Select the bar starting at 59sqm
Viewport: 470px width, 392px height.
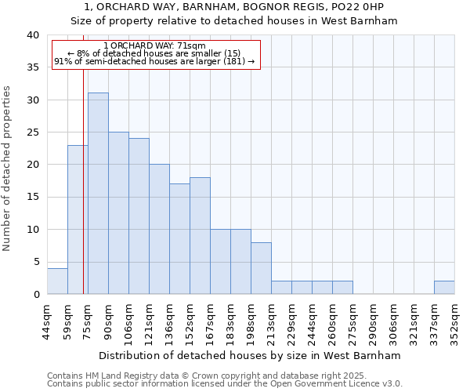click(x=78, y=220)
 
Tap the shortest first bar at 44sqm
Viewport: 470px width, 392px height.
click(x=57, y=281)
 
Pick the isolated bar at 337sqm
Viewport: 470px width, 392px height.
click(x=444, y=287)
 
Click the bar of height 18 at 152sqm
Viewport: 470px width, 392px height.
click(x=200, y=235)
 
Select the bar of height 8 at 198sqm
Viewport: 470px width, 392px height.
click(x=261, y=268)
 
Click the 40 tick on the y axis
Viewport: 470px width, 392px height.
click(x=32, y=35)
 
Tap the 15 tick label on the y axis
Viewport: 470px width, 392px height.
click(x=32, y=197)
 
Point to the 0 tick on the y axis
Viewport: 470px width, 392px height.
click(x=35, y=294)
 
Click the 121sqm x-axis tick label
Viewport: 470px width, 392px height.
click(x=149, y=321)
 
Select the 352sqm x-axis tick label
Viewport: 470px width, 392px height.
click(x=454, y=321)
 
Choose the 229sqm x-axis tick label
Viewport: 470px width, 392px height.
click(x=291, y=321)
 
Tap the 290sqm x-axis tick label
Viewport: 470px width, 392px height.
click(x=373, y=321)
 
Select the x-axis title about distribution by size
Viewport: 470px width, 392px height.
click(x=250, y=355)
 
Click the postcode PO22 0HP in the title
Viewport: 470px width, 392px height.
click(x=352, y=7)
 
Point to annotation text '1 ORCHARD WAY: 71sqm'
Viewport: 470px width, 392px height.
click(x=154, y=46)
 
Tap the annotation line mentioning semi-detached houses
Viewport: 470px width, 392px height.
click(x=154, y=61)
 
